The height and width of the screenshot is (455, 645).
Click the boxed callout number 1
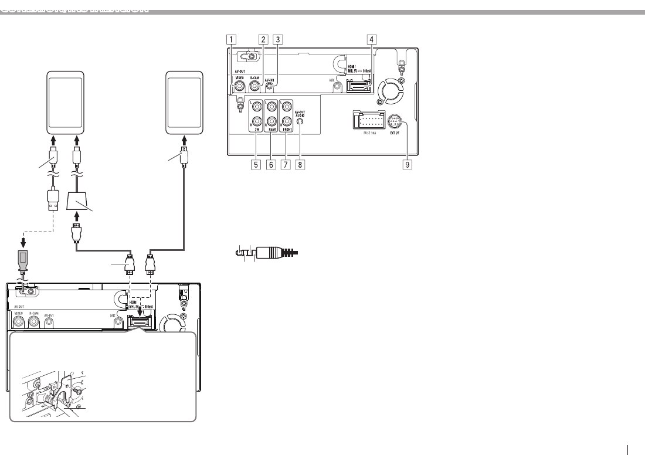[x=233, y=40]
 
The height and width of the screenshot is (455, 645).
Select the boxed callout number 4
[x=370, y=40]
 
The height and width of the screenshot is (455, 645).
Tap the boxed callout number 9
[x=407, y=165]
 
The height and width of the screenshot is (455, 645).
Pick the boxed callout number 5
[x=255, y=165]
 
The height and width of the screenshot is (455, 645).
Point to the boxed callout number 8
[x=300, y=165]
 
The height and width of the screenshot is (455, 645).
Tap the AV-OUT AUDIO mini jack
[x=300, y=123]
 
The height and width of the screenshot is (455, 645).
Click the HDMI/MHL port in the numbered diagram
[x=359, y=87]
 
